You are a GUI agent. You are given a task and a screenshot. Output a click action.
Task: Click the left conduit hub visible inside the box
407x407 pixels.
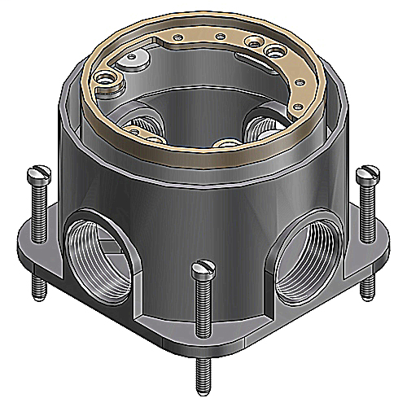coord(145,127)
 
